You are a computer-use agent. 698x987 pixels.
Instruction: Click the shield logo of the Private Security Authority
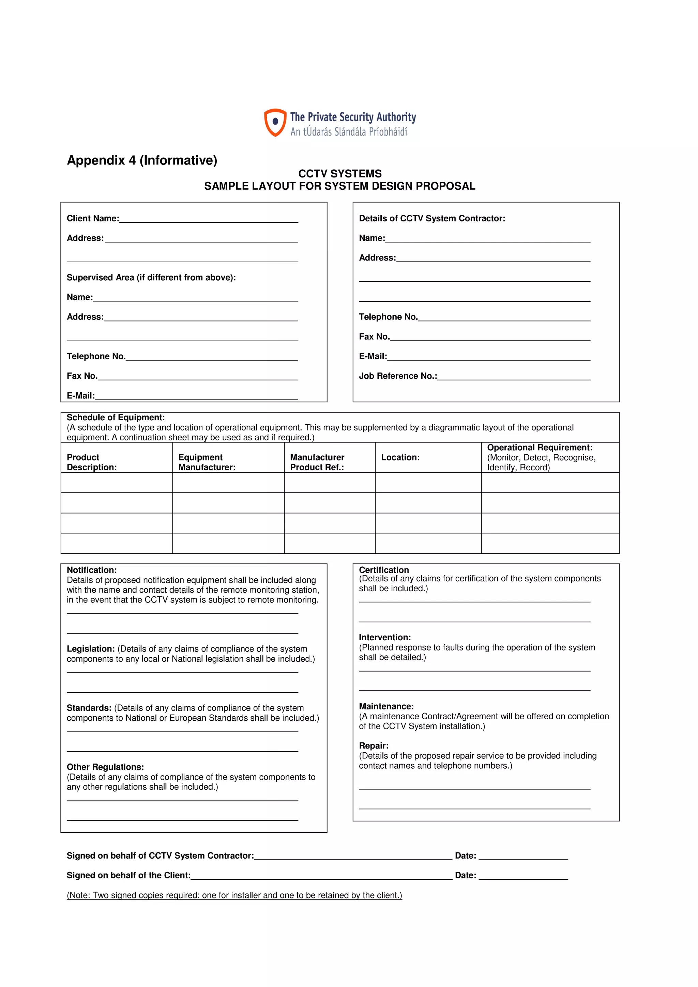(275, 123)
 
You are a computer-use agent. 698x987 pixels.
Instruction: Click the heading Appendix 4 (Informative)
(142, 160)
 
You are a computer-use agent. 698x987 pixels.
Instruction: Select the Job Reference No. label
(397, 376)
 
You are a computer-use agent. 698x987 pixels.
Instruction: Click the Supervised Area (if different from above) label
(151, 278)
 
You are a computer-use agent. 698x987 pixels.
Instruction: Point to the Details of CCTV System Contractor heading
(432, 218)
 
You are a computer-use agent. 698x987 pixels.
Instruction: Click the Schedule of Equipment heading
(116, 418)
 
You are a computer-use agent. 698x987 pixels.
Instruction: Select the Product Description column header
(92, 462)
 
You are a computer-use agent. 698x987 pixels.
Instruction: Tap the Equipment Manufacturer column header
(207, 462)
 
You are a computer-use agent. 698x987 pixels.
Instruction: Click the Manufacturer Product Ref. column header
(317, 462)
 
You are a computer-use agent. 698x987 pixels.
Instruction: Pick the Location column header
(400, 457)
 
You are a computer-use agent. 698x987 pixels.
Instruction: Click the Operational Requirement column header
(539, 448)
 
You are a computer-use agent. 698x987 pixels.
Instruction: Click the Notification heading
(92, 570)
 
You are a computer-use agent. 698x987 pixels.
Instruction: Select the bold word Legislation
(90, 649)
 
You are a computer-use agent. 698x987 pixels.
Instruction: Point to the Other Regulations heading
(105, 767)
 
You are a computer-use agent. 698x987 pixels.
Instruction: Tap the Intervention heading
(384, 638)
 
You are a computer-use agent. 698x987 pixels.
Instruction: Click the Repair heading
(373, 746)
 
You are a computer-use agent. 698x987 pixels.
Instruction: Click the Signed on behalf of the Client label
(128, 875)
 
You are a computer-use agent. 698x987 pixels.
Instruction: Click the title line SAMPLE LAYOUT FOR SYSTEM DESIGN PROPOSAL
(339, 186)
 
